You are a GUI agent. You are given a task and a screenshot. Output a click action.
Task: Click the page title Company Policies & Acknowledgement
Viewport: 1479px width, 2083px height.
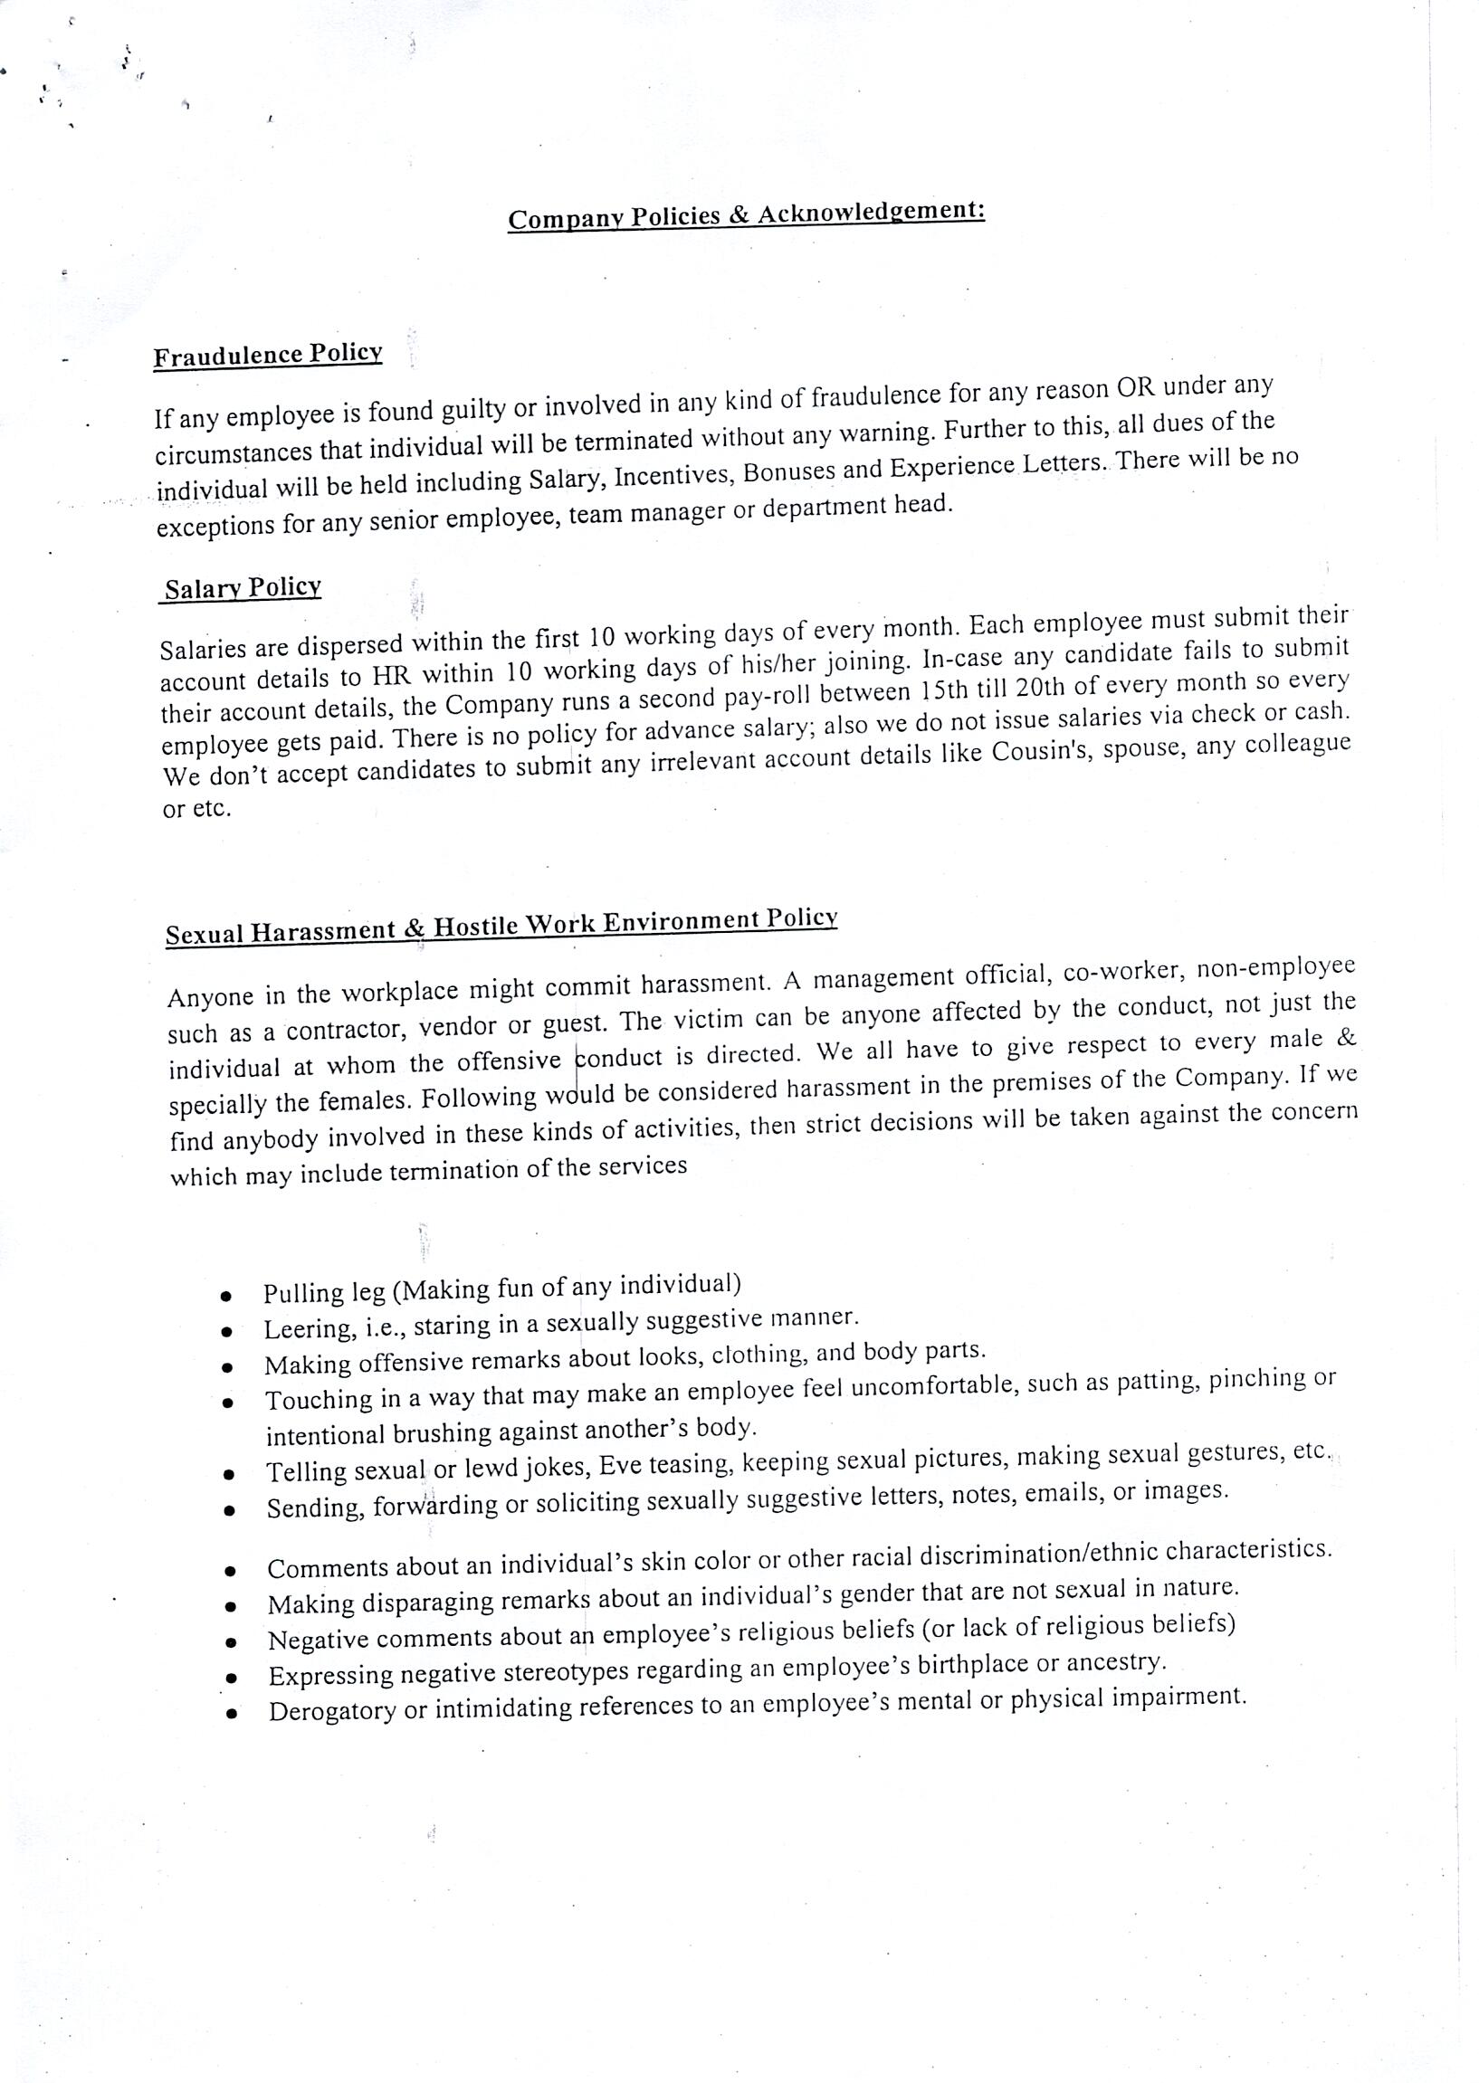pos(746,215)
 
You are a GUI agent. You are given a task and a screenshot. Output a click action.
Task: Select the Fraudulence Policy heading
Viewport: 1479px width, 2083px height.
pos(268,355)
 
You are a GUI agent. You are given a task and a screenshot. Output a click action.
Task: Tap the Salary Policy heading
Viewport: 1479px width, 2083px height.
pos(243,588)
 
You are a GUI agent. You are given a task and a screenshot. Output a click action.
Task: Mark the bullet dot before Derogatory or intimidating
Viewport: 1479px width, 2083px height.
pos(234,1714)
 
